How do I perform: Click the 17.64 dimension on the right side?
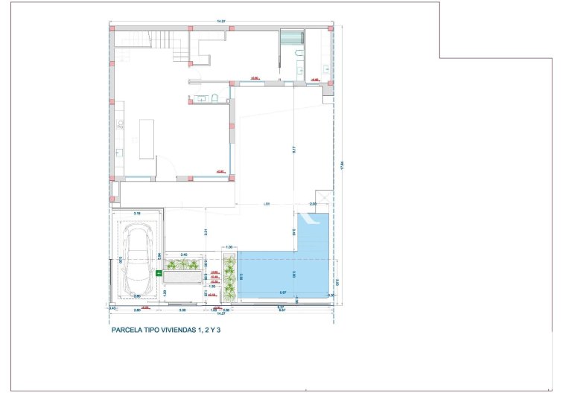tap(342, 165)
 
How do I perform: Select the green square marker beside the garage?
tap(158, 273)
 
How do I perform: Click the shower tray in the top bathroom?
tap(291, 39)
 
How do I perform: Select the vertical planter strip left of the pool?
tap(229, 278)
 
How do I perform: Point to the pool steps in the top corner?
tap(314, 221)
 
